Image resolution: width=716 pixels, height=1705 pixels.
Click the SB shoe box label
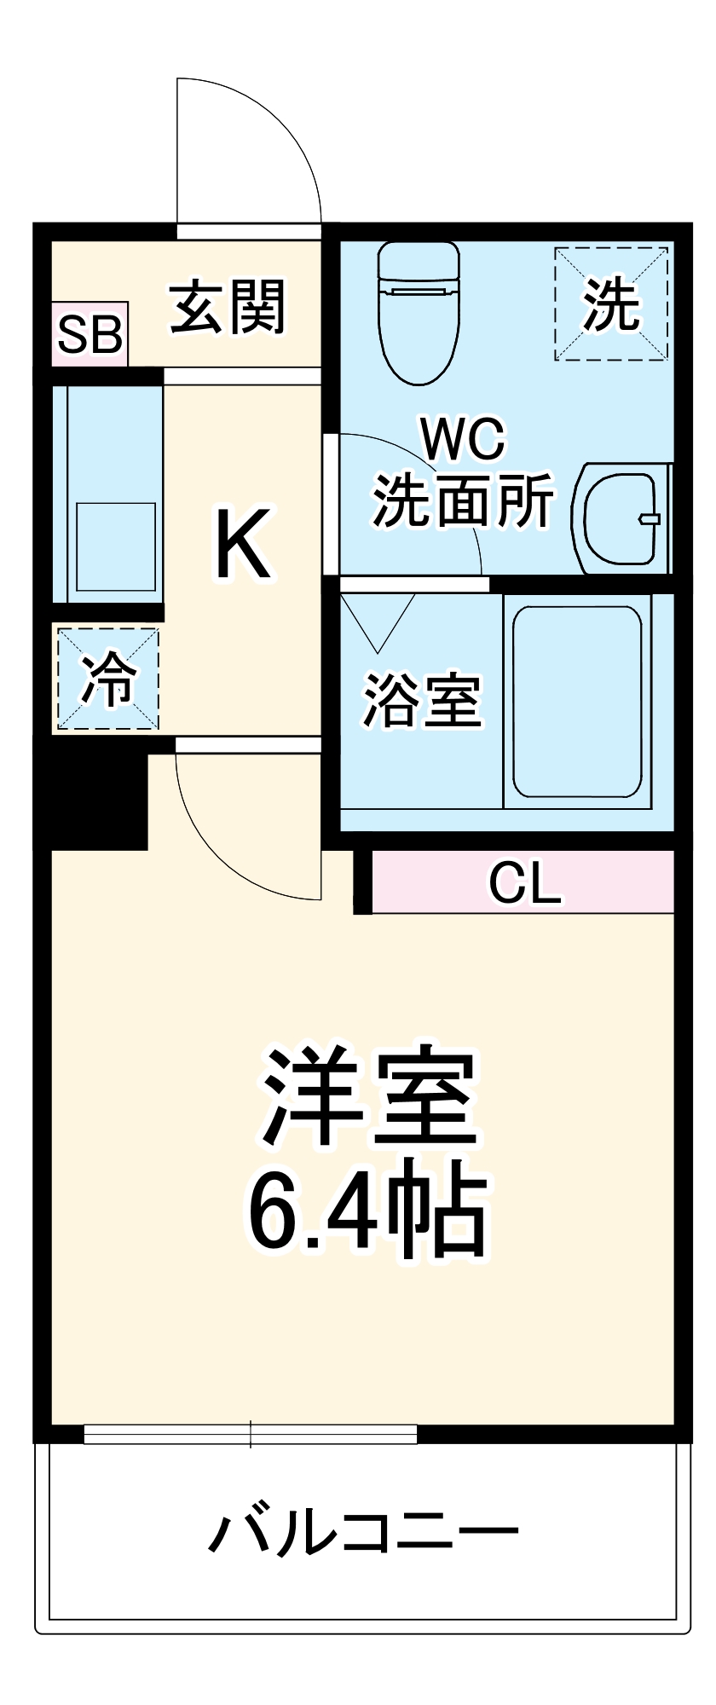89,335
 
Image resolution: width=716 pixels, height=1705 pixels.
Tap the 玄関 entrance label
228,308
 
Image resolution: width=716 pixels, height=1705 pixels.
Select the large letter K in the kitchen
243,543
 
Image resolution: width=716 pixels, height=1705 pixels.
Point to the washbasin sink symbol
621,518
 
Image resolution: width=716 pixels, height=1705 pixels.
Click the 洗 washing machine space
611,304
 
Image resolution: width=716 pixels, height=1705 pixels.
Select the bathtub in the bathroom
577,701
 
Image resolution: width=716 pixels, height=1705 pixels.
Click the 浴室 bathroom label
423,701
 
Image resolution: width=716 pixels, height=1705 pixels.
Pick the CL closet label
525,883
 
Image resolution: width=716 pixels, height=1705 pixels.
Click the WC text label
464,439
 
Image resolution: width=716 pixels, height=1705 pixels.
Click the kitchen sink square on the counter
116,546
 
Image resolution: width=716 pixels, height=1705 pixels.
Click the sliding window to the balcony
251,1434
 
